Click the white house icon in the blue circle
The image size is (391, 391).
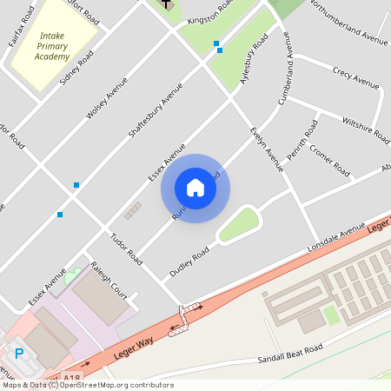195,188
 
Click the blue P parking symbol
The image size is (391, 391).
19,354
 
